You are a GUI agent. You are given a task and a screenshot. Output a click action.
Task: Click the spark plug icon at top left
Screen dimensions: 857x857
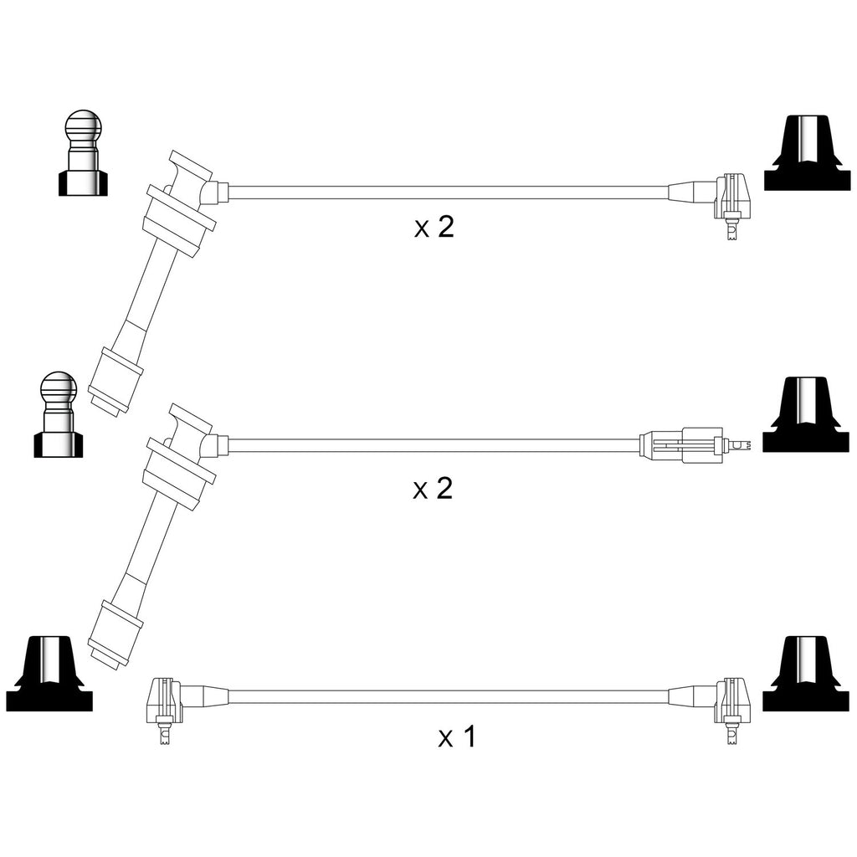(83, 153)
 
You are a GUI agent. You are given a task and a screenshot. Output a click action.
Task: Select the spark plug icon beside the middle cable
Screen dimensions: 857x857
(59, 415)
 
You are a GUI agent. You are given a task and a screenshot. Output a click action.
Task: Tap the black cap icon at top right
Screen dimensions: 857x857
(807, 153)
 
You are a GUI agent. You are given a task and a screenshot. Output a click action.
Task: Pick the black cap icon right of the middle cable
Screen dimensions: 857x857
(806, 414)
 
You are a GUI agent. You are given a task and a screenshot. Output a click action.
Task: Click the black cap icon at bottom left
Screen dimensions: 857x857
(49, 674)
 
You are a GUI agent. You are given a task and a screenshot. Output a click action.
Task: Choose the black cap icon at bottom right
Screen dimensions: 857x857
(806, 674)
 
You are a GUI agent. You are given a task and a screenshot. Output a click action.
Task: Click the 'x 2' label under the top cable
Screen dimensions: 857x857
(434, 227)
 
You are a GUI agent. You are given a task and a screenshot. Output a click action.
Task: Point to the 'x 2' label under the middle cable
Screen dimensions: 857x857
(433, 488)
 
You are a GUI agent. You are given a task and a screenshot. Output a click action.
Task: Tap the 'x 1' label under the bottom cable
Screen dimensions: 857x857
(457, 736)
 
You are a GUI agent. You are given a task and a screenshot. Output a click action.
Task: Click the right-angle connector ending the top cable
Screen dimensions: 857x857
(732, 203)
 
